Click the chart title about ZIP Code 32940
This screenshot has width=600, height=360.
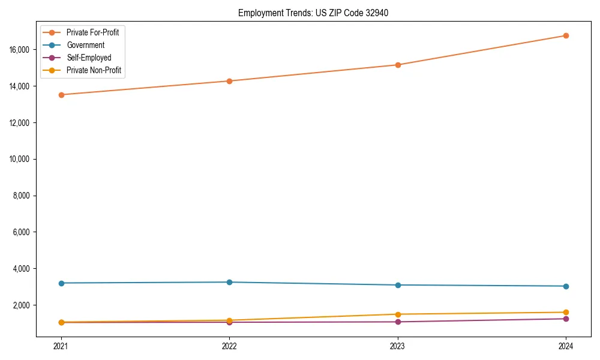[313, 13]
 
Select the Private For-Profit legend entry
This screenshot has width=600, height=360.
[92, 32]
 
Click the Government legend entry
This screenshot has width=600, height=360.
[85, 45]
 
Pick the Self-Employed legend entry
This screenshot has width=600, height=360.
[89, 58]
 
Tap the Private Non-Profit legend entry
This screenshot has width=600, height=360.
[94, 70]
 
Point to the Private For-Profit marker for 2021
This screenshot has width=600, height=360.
[61, 95]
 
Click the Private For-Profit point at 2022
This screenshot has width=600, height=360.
[229, 81]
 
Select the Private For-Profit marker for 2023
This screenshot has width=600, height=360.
[398, 65]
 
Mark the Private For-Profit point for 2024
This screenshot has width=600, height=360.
[566, 35]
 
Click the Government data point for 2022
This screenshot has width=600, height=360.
[229, 282]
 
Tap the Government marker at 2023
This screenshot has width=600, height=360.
[398, 285]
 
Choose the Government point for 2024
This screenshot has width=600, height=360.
[566, 286]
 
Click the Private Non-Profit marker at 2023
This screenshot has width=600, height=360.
[398, 314]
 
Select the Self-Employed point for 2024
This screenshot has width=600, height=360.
[566, 319]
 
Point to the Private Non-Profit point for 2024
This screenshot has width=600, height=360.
[566, 312]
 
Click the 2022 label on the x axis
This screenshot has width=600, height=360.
[229, 346]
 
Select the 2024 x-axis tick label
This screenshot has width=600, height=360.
[566, 346]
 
